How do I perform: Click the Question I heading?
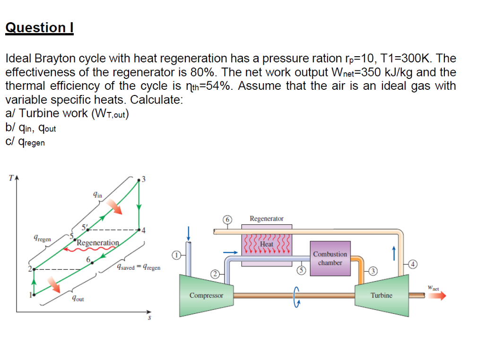[40, 27]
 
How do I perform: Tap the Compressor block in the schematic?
[206, 295]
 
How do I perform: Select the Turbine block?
[382, 295]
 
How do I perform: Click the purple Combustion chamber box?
[330, 258]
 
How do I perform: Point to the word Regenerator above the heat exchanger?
[267, 219]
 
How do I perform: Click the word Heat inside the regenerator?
[267, 244]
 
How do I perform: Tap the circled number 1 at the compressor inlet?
[176, 256]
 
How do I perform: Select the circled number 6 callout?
[227, 220]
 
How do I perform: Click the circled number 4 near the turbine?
[413, 264]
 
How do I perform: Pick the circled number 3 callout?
[373, 271]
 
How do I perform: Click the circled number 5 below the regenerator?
[301, 271]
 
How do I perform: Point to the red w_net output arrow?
[437, 296]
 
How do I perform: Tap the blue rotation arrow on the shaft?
[296, 297]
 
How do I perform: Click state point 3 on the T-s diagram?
[138, 180]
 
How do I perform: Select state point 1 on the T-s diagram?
[34, 295]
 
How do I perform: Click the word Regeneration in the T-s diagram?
[98, 243]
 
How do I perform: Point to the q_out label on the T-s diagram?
[78, 298]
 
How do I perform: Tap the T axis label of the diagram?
[11, 178]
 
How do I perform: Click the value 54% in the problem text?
[218, 86]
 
